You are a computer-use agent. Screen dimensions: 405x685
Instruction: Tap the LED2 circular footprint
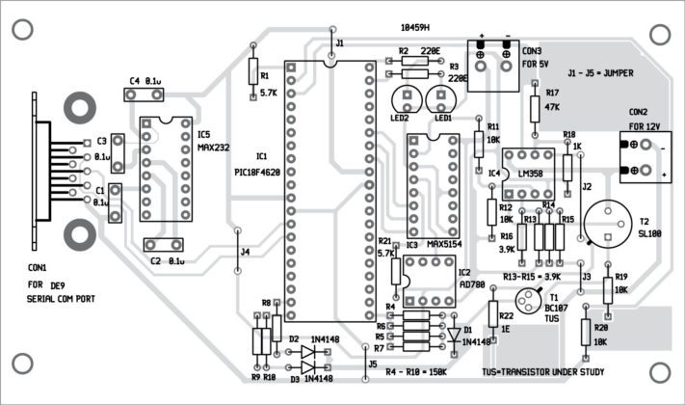pyautogui.click(x=403, y=98)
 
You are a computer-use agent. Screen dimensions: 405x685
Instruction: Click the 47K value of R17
pyautogui.click(x=553, y=107)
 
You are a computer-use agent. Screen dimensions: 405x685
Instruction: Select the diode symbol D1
pyautogui.click(x=456, y=335)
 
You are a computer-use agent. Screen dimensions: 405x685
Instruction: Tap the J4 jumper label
pyautogui.click(x=245, y=253)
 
